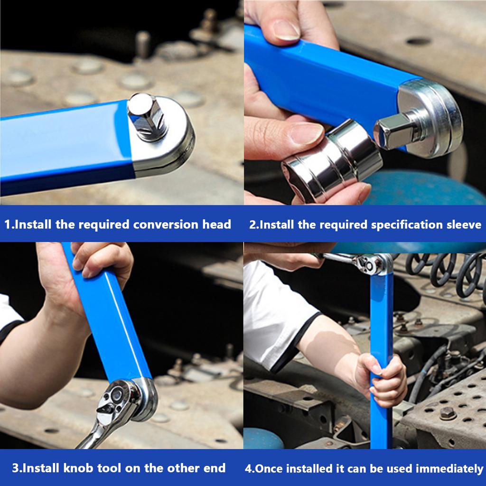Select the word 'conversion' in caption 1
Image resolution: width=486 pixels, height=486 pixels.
[x=165, y=224]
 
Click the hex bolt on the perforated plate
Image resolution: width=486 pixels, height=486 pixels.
[x=447, y=413]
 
